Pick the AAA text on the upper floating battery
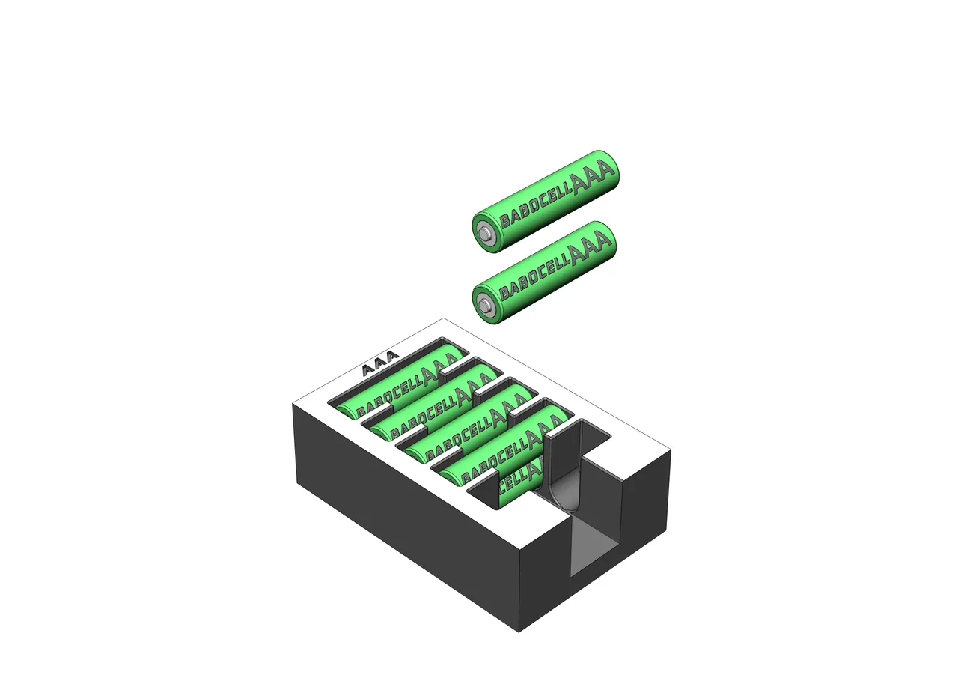click(591, 177)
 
